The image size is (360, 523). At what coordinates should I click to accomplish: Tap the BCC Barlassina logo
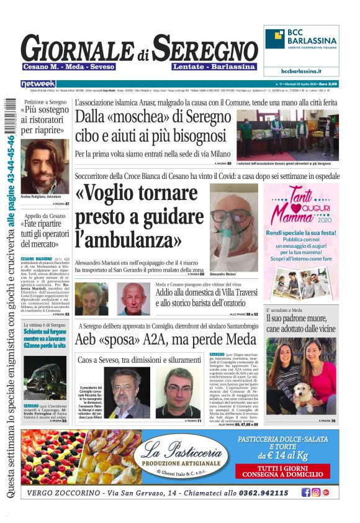coord(301,39)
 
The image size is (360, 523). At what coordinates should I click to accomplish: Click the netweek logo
coord(38,84)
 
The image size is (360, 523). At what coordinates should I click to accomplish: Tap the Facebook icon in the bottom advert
coord(305,493)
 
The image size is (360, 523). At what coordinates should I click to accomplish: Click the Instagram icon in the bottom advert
coord(315,493)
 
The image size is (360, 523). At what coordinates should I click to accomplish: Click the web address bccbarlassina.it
coord(301,71)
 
